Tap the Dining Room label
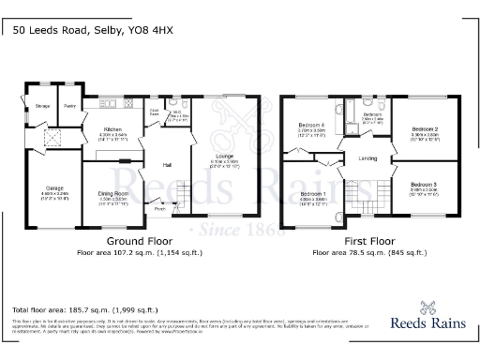coord(112,194)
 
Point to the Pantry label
coord(69,106)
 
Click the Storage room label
coord(42,106)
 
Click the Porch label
coord(160,209)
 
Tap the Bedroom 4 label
coord(312,127)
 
